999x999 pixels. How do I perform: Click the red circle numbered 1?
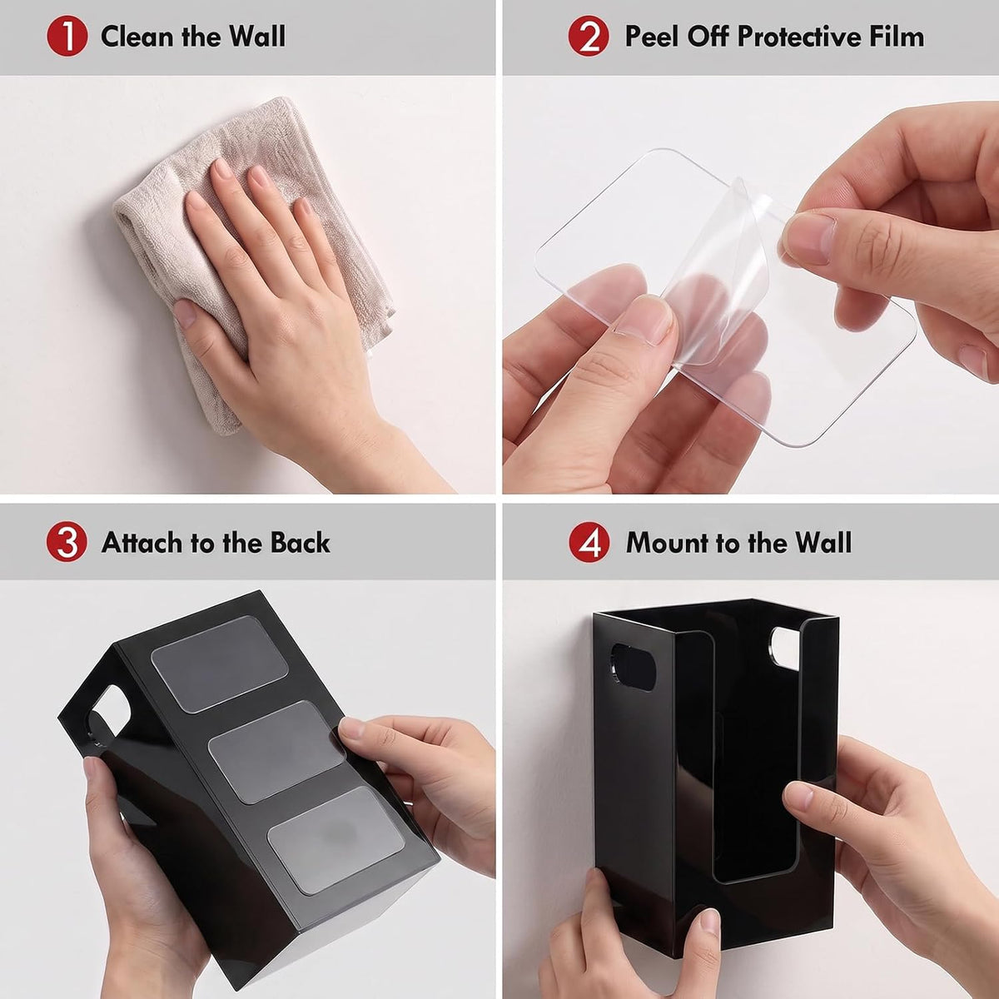coord(67,37)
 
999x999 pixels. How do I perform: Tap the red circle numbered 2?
coord(589,37)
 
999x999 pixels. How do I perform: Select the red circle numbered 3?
coord(67,542)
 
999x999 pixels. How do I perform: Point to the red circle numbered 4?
coord(589,542)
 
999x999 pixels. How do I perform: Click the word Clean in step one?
coord(138,37)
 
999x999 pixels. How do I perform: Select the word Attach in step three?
coord(142,543)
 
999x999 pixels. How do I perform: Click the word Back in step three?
coord(301,543)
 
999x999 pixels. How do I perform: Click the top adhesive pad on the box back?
coord(219,664)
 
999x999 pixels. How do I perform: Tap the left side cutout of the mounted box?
coord(633,667)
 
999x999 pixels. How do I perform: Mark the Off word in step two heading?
coord(709,37)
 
